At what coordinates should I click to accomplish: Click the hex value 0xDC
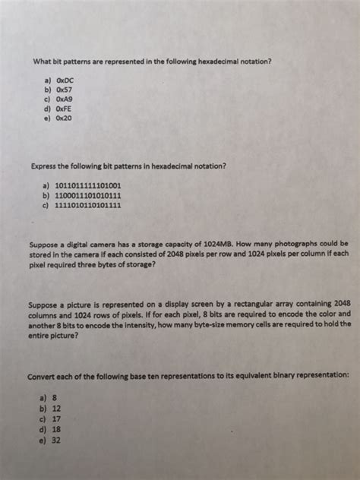(x=65, y=78)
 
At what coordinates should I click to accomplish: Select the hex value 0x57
(x=64, y=89)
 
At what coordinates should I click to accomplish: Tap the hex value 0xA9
(x=64, y=99)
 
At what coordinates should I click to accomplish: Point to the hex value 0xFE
(x=64, y=109)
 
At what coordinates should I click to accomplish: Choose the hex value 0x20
(x=64, y=118)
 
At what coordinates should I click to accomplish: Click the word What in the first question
(x=41, y=61)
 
